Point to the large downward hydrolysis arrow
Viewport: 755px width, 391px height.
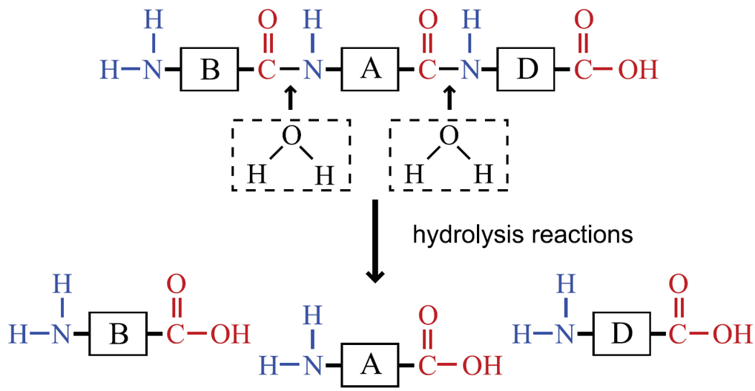pos(375,241)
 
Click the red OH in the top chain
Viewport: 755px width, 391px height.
pos(638,70)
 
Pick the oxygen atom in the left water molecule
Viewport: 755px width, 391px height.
pos(291,137)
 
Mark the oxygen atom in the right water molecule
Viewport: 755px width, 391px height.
pos(449,137)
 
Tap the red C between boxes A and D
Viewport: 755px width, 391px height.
pos(427,70)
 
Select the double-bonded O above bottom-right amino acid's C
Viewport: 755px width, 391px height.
pos(679,285)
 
